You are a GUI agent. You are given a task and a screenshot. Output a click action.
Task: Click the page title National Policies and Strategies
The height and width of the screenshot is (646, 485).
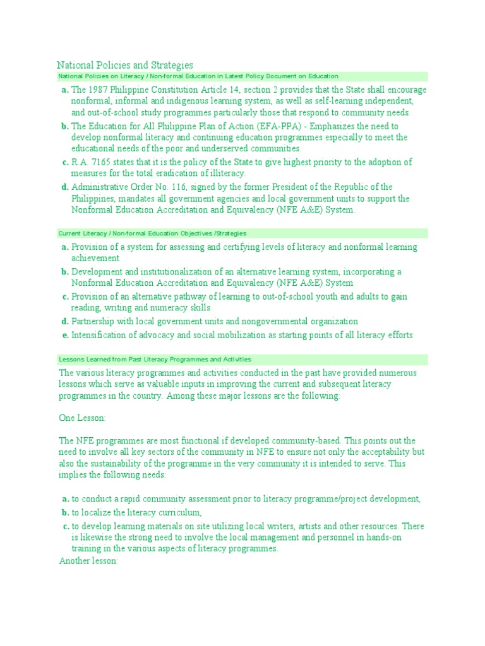coord(125,65)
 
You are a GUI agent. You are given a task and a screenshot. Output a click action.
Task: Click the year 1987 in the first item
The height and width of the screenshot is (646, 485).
coord(101,90)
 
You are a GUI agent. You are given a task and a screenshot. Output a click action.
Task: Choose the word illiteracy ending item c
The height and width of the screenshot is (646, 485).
coord(224,173)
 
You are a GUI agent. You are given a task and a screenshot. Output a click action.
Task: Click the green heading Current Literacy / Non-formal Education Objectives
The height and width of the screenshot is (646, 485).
coord(152,233)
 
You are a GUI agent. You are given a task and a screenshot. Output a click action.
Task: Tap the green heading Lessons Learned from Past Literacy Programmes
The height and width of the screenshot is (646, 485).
coord(155,359)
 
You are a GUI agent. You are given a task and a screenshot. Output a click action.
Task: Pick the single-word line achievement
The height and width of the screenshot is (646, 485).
coord(95,259)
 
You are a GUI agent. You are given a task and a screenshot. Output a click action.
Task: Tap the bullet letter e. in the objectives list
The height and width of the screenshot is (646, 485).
coord(65,335)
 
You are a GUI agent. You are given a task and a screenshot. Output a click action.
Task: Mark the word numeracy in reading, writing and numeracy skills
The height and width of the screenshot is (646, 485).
coord(172,308)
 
